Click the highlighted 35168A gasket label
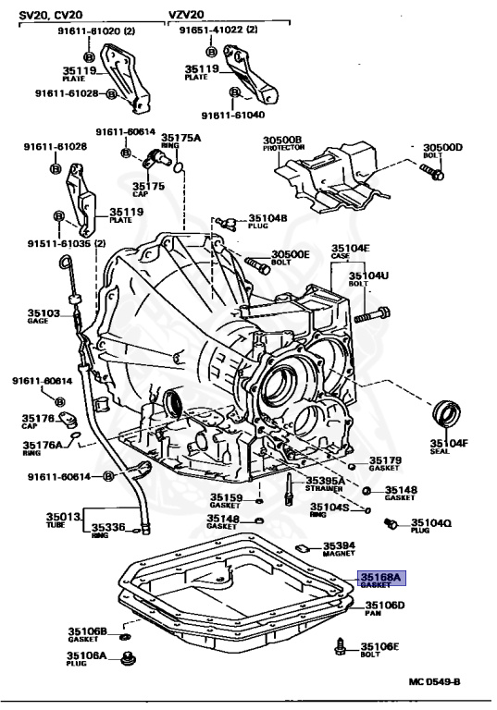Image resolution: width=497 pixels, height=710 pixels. [379, 580]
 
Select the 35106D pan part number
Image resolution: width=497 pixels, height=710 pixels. [379, 606]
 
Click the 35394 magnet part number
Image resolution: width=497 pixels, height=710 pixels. [339, 546]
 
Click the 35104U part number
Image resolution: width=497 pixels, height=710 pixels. [368, 275]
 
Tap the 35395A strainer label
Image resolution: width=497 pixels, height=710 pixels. [327, 481]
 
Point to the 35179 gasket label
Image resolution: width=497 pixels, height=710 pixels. [385, 460]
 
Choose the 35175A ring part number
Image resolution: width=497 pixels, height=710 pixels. [180, 138]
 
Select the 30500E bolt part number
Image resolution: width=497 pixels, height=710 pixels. [291, 254]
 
